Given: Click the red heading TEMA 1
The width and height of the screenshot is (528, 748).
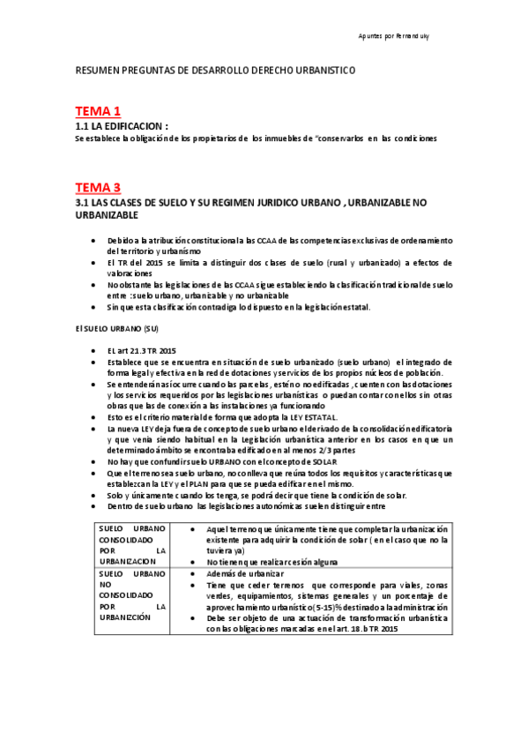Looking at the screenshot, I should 97,111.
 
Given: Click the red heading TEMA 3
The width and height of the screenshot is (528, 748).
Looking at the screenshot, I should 97,187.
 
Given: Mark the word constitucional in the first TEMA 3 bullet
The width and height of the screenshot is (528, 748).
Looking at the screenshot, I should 205,240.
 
